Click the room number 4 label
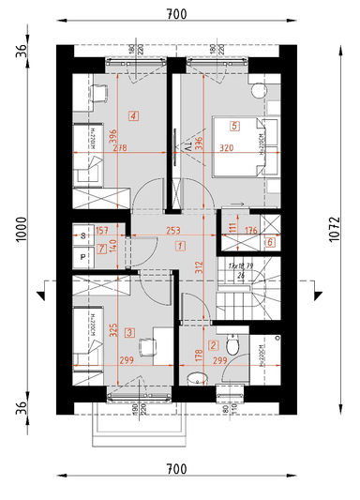pos(135,116)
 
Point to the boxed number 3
pos(129,331)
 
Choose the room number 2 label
pos(213,345)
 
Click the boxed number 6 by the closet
pos(270,242)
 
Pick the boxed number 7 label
pos(101,247)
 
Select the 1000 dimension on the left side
pos(21,227)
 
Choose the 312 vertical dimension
pos(199,267)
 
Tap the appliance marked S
pos(83,235)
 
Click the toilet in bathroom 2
pos(236,348)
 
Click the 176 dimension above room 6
pos(250,229)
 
